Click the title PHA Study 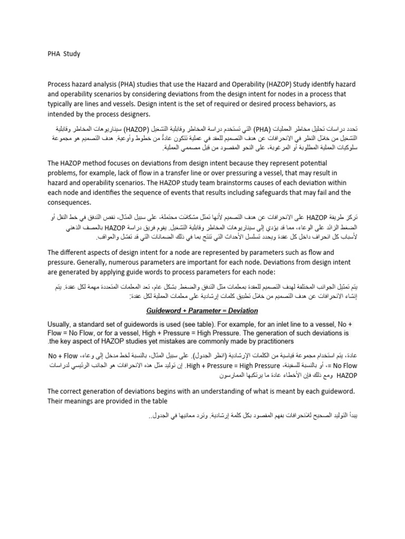click(63, 53)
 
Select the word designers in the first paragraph click(129, 114)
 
